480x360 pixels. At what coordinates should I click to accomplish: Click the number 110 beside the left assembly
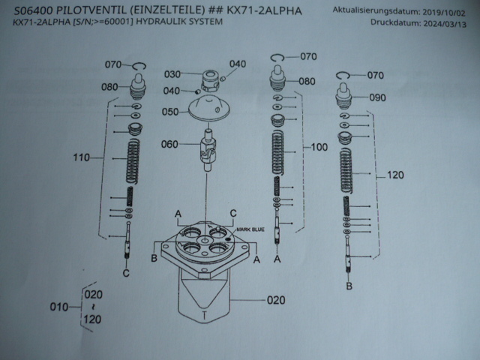tap(82, 157)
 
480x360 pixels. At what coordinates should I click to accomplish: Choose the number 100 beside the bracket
tap(319, 148)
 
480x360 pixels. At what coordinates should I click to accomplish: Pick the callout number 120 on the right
tap(396, 176)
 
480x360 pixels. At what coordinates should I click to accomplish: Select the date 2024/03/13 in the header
tap(443, 22)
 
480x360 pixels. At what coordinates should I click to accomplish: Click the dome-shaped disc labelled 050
tap(212, 110)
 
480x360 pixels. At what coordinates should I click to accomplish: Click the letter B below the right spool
tap(349, 286)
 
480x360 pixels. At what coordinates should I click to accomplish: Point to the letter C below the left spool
tap(126, 273)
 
